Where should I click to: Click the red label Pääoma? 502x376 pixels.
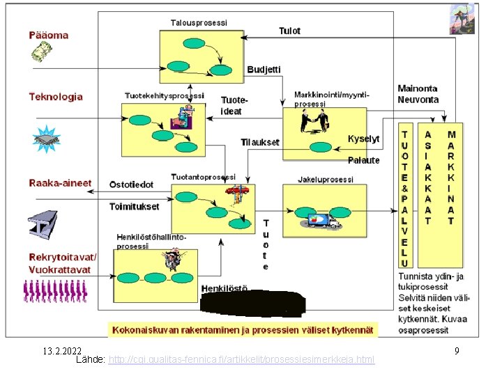(49, 35)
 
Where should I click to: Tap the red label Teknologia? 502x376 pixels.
(56, 97)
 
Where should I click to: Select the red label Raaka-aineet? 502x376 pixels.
(60, 183)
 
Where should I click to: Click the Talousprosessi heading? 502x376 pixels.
(199, 23)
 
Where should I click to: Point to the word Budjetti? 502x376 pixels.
(264, 70)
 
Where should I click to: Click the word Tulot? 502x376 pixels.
(289, 31)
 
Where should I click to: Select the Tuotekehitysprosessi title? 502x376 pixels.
(165, 95)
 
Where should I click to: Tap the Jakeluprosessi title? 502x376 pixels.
(326, 179)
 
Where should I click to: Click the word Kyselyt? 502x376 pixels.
(364, 139)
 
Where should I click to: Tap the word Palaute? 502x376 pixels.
(364, 160)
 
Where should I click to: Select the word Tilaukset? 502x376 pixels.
(260, 142)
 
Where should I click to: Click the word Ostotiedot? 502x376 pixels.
(131, 185)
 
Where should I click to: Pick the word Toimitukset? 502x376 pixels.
(134, 206)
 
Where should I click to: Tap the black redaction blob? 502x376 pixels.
(252, 304)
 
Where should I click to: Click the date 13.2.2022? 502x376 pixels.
(61, 351)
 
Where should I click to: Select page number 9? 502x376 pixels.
(457, 351)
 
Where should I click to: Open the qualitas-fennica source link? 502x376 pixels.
(241, 359)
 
